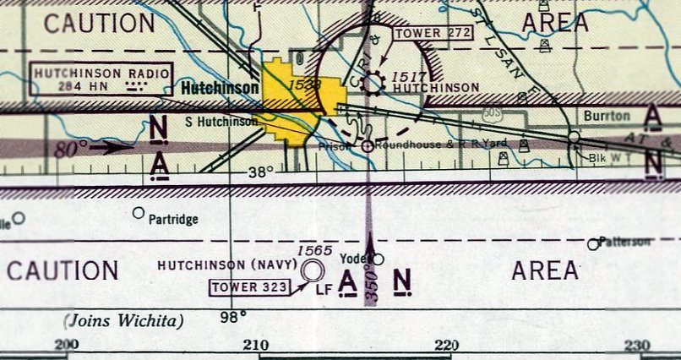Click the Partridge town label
(x=173, y=220)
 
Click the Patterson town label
(x=625, y=242)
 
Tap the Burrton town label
(x=607, y=115)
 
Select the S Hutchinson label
(x=221, y=122)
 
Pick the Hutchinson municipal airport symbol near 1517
(x=373, y=83)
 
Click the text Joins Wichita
(x=123, y=321)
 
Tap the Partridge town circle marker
(x=139, y=213)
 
